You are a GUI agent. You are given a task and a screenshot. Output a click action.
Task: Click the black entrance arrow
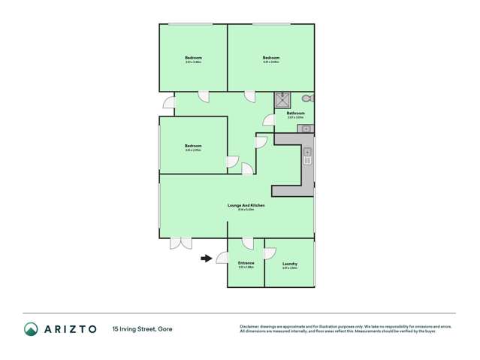(205, 259)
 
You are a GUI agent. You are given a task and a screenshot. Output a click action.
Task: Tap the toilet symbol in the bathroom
(306, 98)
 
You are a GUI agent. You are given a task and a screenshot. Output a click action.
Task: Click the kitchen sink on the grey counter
(307, 157)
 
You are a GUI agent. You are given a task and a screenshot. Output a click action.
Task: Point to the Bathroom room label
(295, 113)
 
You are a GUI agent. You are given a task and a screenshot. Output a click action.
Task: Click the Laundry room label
(289, 263)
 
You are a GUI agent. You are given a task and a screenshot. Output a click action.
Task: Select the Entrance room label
(246, 262)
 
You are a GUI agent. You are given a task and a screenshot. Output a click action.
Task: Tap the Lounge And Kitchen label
(246, 205)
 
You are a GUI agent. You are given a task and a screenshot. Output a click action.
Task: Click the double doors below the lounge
(180, 243)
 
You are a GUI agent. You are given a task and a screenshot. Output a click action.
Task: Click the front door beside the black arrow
(222, 258)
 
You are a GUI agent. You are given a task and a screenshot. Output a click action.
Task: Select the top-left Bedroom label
(193, 58)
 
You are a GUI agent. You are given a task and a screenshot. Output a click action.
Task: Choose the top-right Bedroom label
(271, 58)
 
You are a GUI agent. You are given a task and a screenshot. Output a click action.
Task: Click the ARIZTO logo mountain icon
(31, 329)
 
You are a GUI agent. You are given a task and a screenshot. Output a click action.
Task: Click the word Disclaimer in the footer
(251, 326)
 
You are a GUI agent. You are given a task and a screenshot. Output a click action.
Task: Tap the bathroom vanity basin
(306, 129)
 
